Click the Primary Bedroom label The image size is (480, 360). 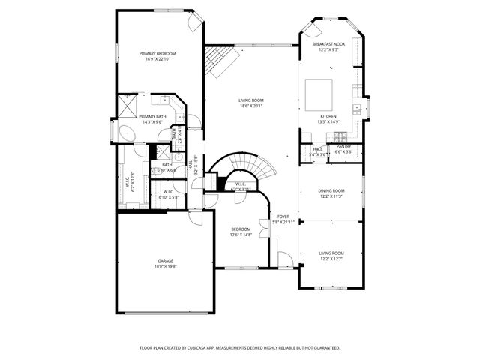point(157,54)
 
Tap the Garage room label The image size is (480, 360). point(165,260)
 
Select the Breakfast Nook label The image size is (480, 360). point(328,45)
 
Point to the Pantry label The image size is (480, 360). point(343,147)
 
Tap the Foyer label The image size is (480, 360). point(283,217)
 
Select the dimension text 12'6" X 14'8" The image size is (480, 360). point(241,235)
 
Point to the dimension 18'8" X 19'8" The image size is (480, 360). point(165,266)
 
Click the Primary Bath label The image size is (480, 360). point(152,116)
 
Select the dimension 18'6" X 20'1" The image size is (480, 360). point(251,106)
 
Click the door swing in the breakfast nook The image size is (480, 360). point(313,31)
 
